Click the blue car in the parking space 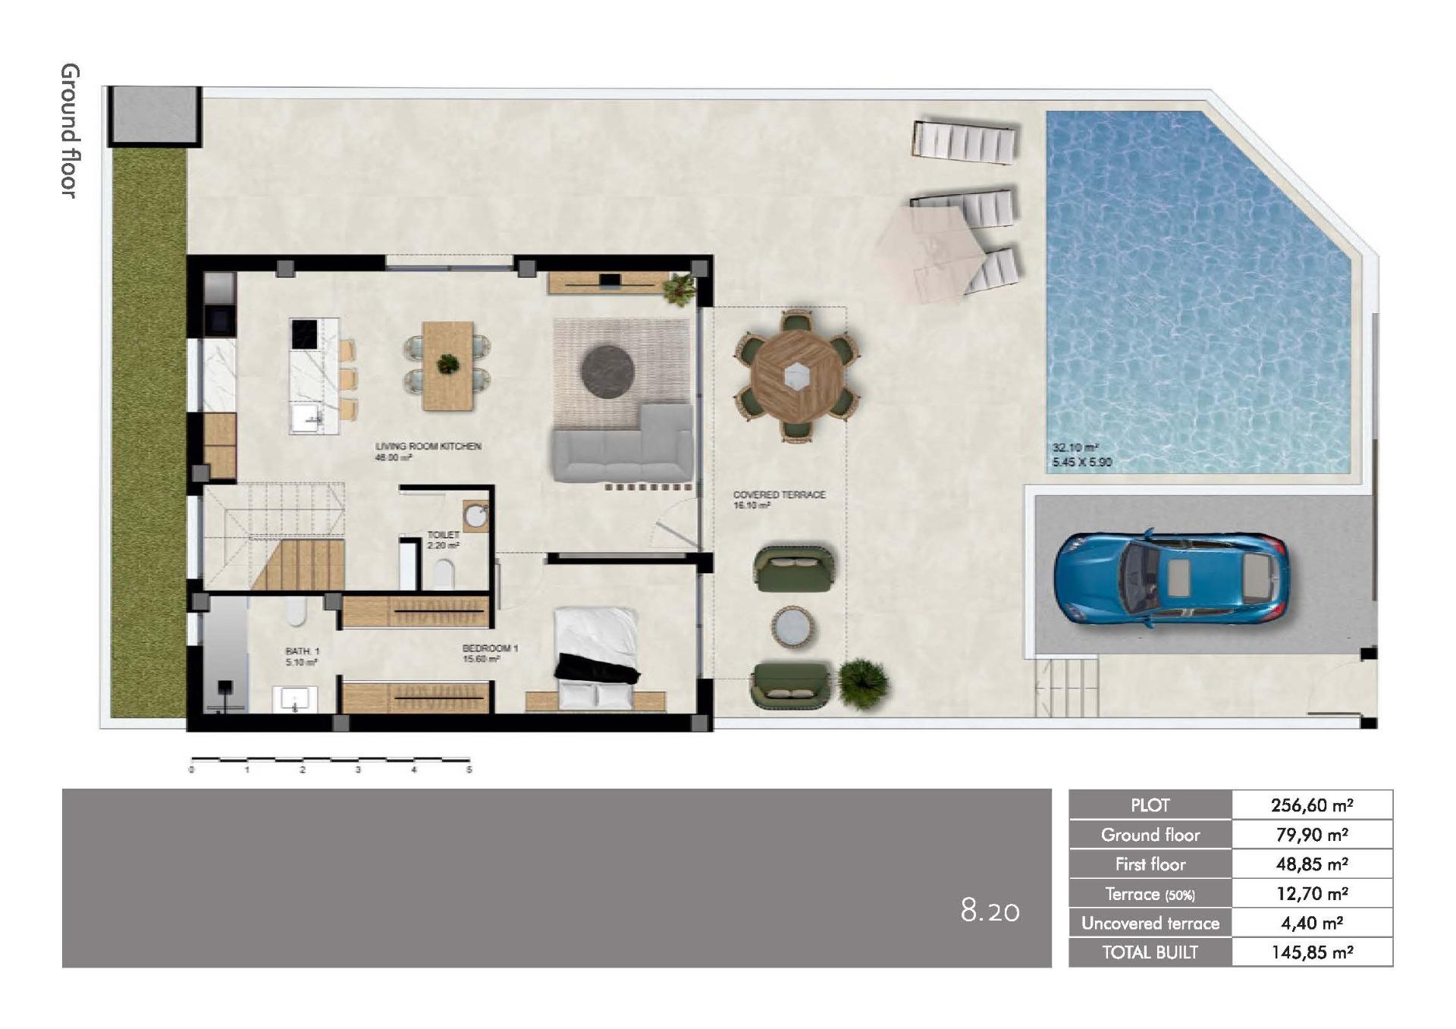(x=1171, y=578)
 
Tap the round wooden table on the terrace (x=795, y=375)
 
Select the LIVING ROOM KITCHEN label (x=428, y=447)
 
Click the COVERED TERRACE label (x=779, y=494)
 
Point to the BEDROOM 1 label (x=490, y=648)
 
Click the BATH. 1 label (x=303, y=651)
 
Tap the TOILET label (x=444, y=535)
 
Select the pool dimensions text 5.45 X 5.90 (x=1081, y=462)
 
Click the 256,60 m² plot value (x=1312, y=805)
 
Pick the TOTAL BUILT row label (x=1150, y=952)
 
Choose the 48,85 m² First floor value (x=1312, y=864)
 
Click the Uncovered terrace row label (x=1150, y=923)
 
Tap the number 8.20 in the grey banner (x=990, y=910)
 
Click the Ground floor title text (x=70, y=130)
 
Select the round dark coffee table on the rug (x=607, y=371)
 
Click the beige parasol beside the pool (x=929, y=253)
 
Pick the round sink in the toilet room (x=476, y=516)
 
